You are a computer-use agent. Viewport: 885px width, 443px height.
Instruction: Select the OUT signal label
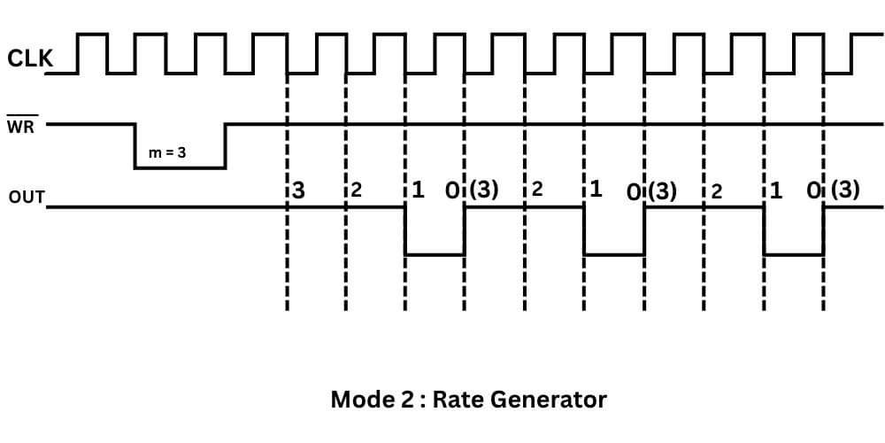pyautogui.click(x=27, y=197)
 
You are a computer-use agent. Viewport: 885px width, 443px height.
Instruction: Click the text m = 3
pyautogui.click(x=166, y=152)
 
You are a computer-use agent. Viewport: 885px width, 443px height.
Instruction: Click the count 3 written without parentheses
pyautogui.click(x=299, y=190)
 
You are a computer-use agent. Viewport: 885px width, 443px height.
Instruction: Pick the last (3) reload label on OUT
pyautogui.click(x=844, y=190)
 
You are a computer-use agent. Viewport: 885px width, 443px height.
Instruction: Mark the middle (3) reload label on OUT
pyautogui.click(x=662, y=190)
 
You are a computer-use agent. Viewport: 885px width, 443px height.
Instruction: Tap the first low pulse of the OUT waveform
pyautogui.click(x=435, y=253)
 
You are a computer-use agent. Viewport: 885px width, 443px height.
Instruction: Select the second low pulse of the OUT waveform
pyautogui.click(x=613, y=253)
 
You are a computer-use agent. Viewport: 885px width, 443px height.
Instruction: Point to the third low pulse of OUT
pyautogui.click(x=794, y=253)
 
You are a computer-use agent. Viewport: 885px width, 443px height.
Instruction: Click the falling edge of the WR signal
pyautogui.click(x=135, y=145)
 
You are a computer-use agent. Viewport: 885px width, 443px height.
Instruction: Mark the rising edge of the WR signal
pyautogui.click(x=225, y=145)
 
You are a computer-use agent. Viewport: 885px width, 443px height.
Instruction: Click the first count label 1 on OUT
pyautogui.click(x=418, y=190)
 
